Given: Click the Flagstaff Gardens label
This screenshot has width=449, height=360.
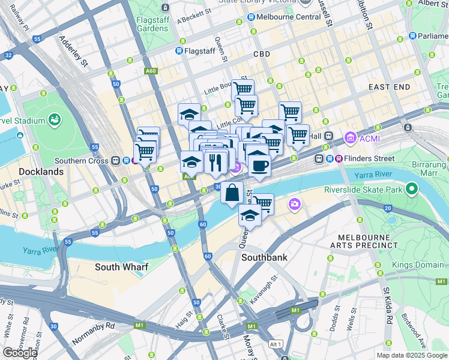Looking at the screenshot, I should [x=152, y=24].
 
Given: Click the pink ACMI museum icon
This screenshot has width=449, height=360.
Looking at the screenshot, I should [x=350, y=140].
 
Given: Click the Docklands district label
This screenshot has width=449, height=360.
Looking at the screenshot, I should [x=41, y=172].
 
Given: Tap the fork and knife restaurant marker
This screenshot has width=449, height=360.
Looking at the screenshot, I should [x=215, y=161].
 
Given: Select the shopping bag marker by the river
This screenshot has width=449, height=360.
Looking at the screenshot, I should [x=232, y=193].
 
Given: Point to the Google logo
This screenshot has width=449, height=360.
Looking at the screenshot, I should [x=19, y=353].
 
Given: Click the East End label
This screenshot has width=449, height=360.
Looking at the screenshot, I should [x=389, y=87].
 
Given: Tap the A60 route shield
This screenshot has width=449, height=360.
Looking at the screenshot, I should [x=151, y=71].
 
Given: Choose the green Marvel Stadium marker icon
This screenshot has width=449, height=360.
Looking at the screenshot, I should [x=55, y=120].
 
